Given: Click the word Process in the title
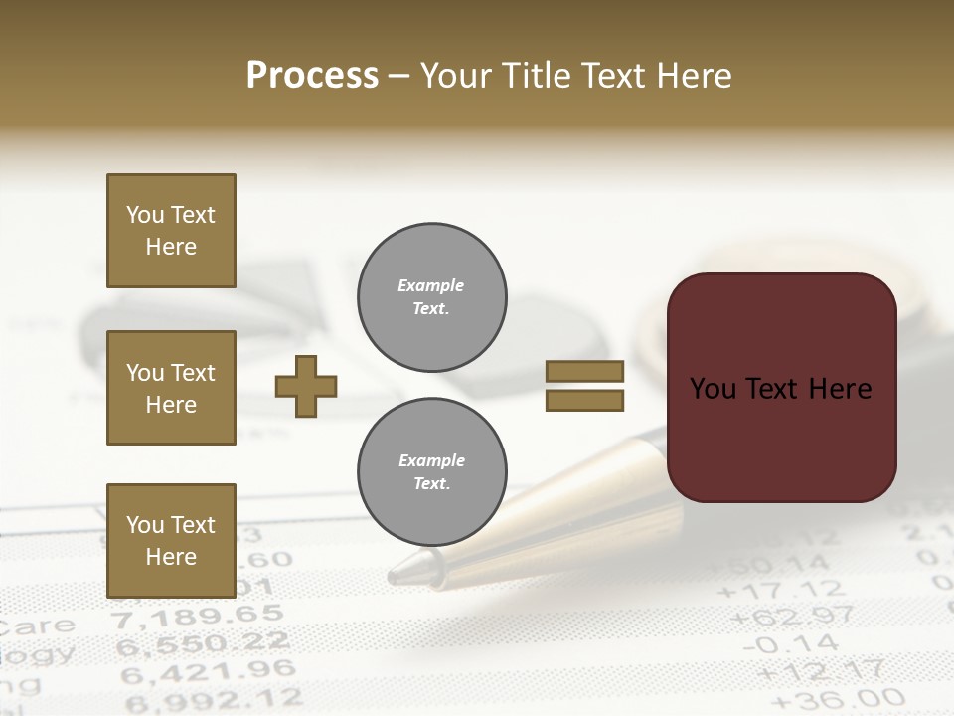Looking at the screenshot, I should pyautogui.click(x=312, y=76).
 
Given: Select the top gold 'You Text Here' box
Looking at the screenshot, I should pyautogui.click(x=171, y=231).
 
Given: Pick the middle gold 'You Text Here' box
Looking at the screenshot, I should pyautogui.click(x=171, y=388).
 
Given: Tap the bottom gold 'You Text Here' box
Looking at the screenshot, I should pyautogui.click(x=171, y=541).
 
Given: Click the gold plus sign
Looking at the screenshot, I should pyautogui.click(x=306, y=386).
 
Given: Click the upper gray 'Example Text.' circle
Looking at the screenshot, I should pyautogui.click(x=431, y=297).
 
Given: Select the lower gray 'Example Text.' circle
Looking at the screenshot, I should pyautogui.click(x=431, y=472).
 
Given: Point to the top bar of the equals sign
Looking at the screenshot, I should pyautogui.click(x=584, y=372).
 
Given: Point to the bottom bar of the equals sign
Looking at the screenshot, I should pyautogui.click(x=584, y=400).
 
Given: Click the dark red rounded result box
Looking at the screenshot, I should pyautogui.click(x=781, y=388).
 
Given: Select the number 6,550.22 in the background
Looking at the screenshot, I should pyautogui.click(x=203, y=644).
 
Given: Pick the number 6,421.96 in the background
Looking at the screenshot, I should pyautogui.click(x=208, y=672).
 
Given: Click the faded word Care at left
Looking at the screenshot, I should pyautogui.click(x=38, y=626).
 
